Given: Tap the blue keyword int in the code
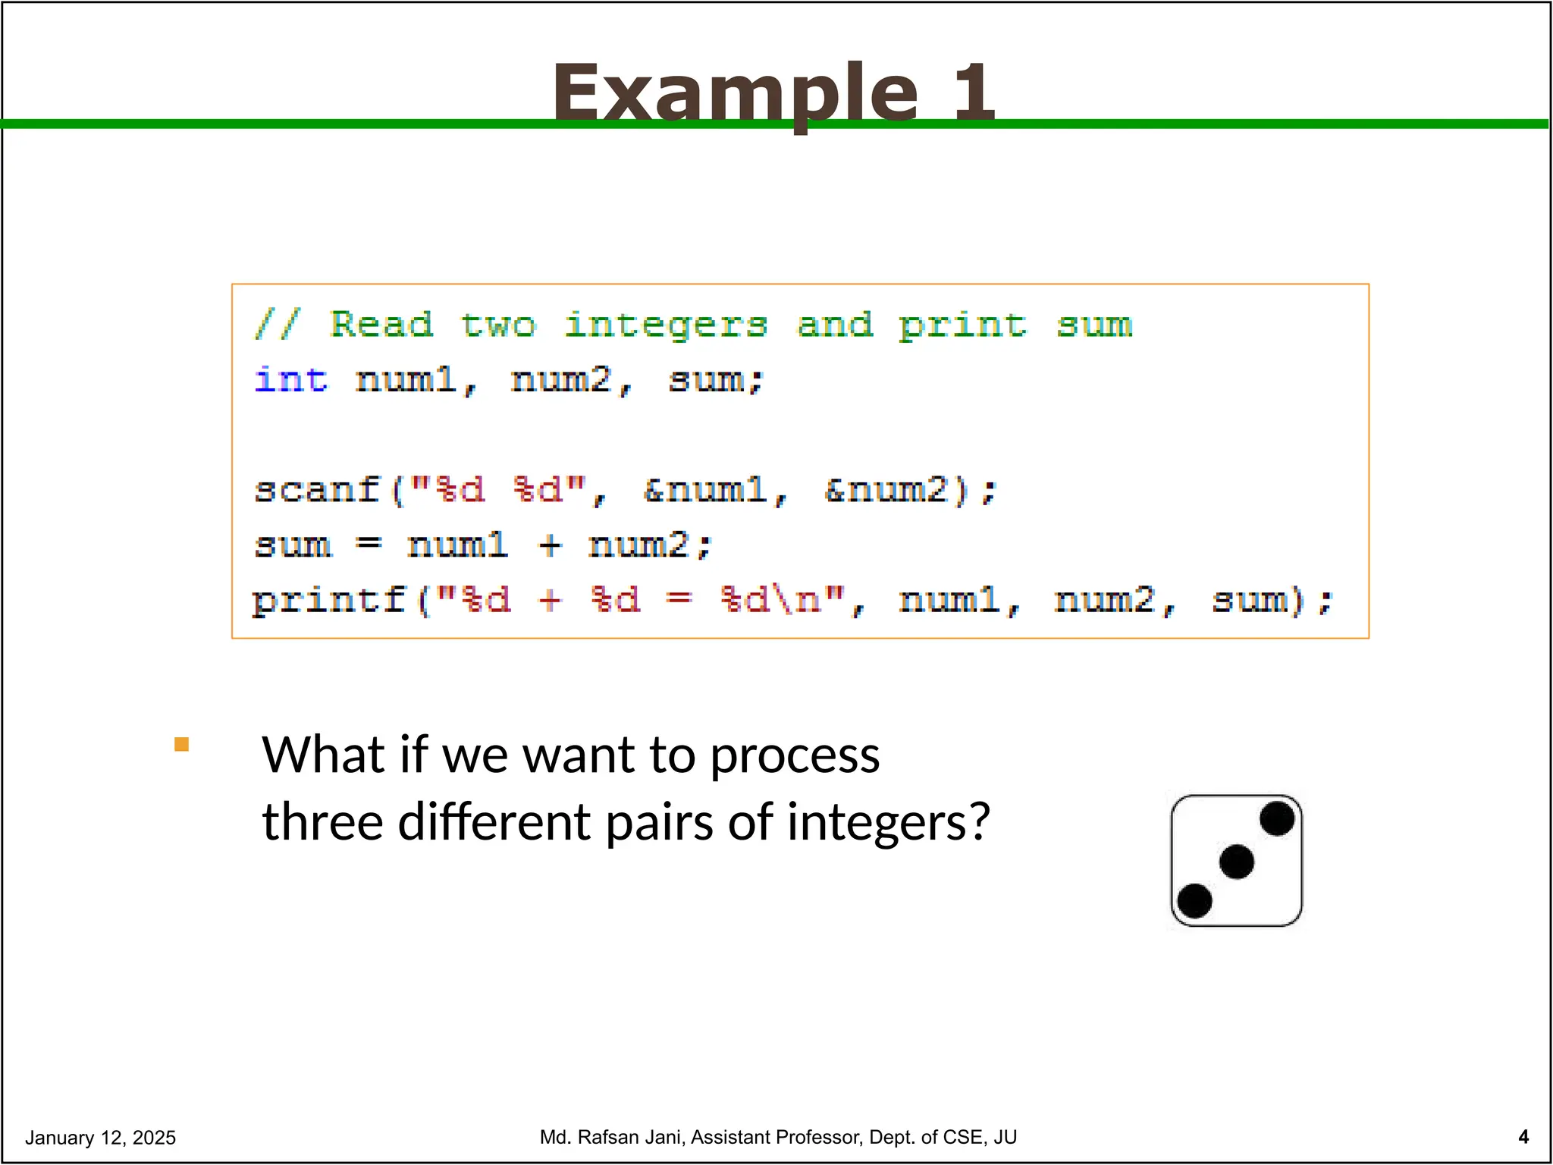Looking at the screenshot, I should [291, 379].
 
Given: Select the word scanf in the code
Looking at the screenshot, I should [317, 489].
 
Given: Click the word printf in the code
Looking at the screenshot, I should [329, 600].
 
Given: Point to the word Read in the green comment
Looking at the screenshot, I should [381, 325].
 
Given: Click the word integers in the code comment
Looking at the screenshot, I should [666, 326].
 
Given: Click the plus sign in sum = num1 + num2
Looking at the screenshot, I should [550, 545].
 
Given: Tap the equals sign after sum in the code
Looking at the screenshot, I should [369, 545].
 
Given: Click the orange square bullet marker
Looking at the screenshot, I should [181, 744].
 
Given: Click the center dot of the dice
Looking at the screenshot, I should [1236, 862].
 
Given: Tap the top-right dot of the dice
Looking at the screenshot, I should [1276, 819].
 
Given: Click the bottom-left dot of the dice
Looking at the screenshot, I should [1195, 901].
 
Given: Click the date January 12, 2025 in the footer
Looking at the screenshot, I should [100, 1138].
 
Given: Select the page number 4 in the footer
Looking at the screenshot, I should [1523, 1137].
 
